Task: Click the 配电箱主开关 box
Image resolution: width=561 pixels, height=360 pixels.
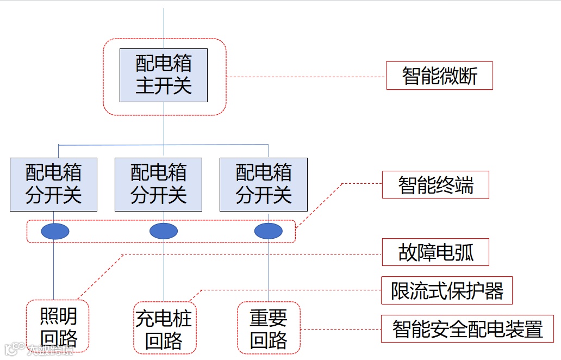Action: [164, 75]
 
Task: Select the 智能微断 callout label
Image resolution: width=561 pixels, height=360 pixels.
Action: [439, 76]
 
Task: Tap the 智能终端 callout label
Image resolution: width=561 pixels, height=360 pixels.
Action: [435, 185]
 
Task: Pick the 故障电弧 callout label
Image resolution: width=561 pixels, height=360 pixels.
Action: [435, 252]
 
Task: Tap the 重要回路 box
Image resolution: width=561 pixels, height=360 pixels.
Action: [269, 328]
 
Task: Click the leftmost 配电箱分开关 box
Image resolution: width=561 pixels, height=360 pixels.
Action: [53, 184]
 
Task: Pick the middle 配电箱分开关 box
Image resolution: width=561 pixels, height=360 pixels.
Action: [158, 184]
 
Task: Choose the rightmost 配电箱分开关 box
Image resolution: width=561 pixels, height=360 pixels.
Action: [264, 184]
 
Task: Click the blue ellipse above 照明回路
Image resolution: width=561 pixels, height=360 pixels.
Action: [55, 231]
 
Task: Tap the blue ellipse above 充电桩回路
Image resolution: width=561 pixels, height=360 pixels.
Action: [164, 231]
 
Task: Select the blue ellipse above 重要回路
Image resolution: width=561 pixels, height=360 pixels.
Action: [269, 231]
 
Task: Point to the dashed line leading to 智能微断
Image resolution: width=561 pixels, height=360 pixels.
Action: [304, 77]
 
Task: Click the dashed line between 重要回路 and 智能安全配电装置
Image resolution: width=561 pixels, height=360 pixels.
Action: [340, 329]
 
